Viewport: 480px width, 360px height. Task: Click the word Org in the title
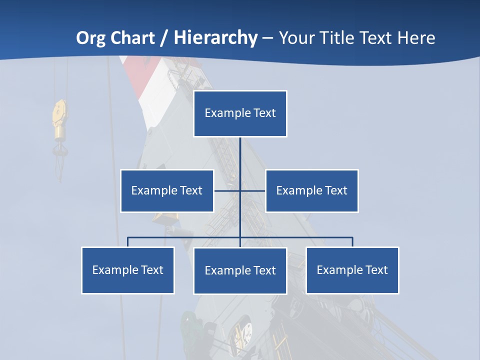(x=91, y=38)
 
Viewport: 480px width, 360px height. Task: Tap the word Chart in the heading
(x=132, y=38)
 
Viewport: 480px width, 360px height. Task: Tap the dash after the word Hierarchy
(x=267, y=38)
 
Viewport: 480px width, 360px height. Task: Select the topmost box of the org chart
(x=240, y=113)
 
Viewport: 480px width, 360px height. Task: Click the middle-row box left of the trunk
(x=167, y=191)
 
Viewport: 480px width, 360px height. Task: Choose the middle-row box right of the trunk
(x=311, y=191)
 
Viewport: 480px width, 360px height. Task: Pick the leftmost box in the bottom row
(x=128, y=270)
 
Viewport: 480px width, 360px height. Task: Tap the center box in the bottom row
(x=240, y=271)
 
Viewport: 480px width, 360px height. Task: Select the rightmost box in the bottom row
(x=352, y=270)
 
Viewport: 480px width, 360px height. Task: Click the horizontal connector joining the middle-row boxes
(x=252, y=190)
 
